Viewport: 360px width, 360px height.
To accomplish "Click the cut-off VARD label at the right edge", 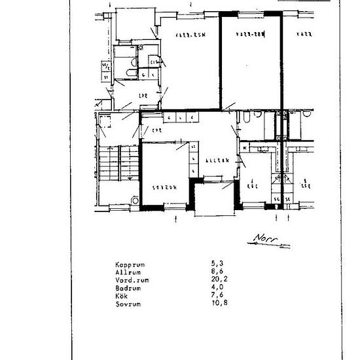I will click(x=303, y=33).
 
